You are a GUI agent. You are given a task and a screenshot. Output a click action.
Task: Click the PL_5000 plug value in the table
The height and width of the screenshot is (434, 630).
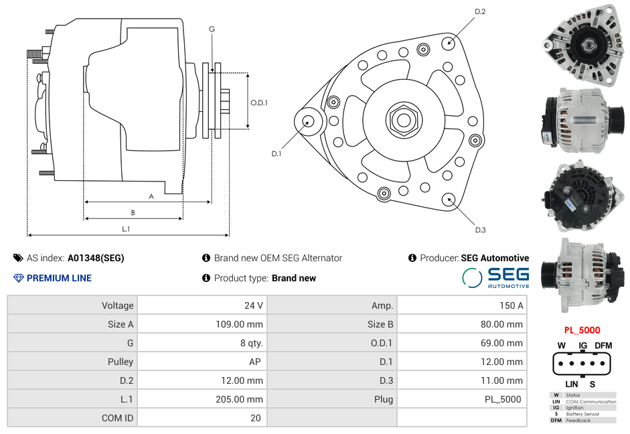tap(503, 399)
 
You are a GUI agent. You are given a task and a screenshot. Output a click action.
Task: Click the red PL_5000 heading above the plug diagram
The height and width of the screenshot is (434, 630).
tap(581, 330)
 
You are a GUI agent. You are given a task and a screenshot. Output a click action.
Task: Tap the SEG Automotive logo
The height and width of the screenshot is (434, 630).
tap(495, 277)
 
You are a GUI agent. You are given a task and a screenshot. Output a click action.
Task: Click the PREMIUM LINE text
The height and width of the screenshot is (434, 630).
tap(59, 278)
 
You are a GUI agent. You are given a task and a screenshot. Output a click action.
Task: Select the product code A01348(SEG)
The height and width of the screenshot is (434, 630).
tap(96, 258)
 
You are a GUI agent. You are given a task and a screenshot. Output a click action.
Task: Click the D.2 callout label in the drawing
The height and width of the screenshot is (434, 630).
tap(480, 12)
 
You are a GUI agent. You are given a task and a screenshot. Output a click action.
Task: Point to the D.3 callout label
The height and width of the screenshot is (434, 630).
tap(480, 230)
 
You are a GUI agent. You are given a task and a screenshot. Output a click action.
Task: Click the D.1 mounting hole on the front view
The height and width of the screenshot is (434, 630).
tap(309, 121)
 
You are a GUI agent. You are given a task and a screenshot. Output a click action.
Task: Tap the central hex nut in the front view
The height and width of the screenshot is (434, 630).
tap(403, 120)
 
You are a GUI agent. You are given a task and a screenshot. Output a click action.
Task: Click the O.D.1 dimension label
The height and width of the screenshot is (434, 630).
tap(259, 102)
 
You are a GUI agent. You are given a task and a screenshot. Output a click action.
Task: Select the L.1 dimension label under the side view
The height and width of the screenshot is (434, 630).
tap(125, 229)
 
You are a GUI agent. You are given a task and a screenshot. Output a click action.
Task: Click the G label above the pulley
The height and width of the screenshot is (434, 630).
tap(212, 29)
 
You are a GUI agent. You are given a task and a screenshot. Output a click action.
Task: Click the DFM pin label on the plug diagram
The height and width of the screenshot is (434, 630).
tap(603, 346)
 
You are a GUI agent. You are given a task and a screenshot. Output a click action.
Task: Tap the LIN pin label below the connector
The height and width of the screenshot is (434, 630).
tap(571, 384)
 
